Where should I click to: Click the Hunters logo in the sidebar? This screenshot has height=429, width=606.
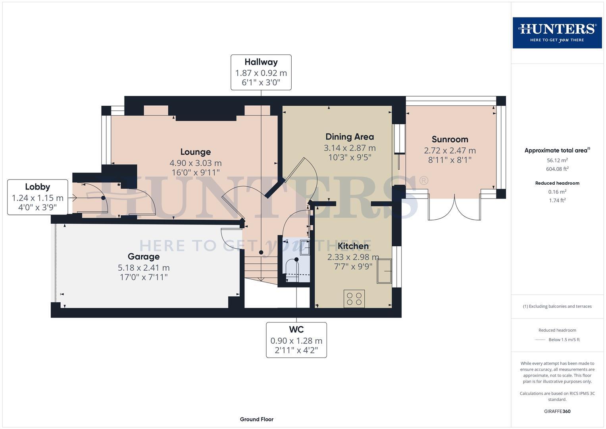557,33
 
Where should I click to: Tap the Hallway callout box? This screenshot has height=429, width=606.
261,72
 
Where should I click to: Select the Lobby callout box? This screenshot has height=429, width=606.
38,197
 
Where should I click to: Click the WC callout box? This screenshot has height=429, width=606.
296,340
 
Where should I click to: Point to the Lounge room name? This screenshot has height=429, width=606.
196,152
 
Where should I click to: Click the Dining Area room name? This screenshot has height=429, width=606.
350,137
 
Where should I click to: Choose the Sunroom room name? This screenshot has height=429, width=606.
450,139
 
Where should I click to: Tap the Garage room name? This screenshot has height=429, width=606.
144,257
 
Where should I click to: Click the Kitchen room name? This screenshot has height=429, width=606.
353,246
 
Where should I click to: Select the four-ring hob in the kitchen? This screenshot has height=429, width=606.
354,299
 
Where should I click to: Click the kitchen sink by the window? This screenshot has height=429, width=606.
384,271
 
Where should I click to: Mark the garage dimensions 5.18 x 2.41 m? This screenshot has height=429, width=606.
144,268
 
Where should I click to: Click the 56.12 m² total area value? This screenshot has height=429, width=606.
557,160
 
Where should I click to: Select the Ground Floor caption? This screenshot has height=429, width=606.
257,419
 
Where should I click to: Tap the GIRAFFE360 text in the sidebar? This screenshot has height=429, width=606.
557,411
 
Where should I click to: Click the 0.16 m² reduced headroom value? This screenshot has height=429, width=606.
557,191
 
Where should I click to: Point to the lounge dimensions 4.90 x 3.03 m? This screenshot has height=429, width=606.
196,163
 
